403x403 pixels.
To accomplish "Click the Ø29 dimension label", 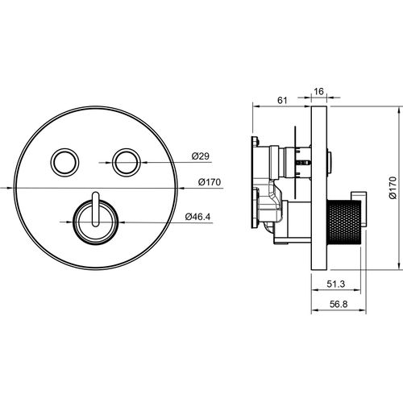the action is pos(200,156).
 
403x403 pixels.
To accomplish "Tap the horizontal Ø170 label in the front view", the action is pos(210,182).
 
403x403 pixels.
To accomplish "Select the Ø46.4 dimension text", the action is pos(197,217).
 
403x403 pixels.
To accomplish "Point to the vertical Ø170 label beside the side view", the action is pos(393,188).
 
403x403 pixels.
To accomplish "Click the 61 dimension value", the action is pos(282,101).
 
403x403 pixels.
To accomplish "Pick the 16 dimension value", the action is pos(318,92).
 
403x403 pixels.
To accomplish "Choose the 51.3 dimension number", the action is pos(336,284).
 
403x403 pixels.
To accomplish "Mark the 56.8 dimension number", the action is pos(339,305).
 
